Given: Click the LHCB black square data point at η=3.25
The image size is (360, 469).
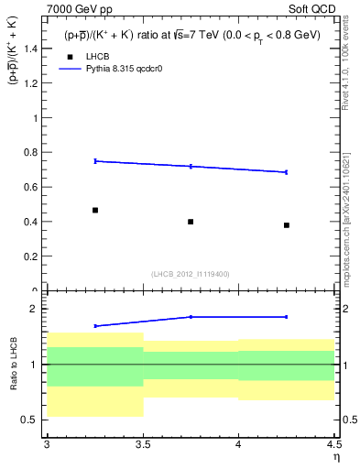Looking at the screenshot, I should [95, 210].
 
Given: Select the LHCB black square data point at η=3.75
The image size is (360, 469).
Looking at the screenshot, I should [191, 222].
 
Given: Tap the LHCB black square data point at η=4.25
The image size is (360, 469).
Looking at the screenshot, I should [287, 225].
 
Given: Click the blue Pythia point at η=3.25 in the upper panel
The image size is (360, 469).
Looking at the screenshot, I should [95, 161].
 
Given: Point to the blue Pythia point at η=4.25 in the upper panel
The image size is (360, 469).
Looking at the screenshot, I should [287, 172].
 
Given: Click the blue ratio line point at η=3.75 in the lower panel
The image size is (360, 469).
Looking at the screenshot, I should [191, 317].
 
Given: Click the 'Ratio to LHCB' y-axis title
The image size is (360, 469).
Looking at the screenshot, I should [13, 364].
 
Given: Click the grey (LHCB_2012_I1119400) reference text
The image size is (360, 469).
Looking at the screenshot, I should [191, 274].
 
